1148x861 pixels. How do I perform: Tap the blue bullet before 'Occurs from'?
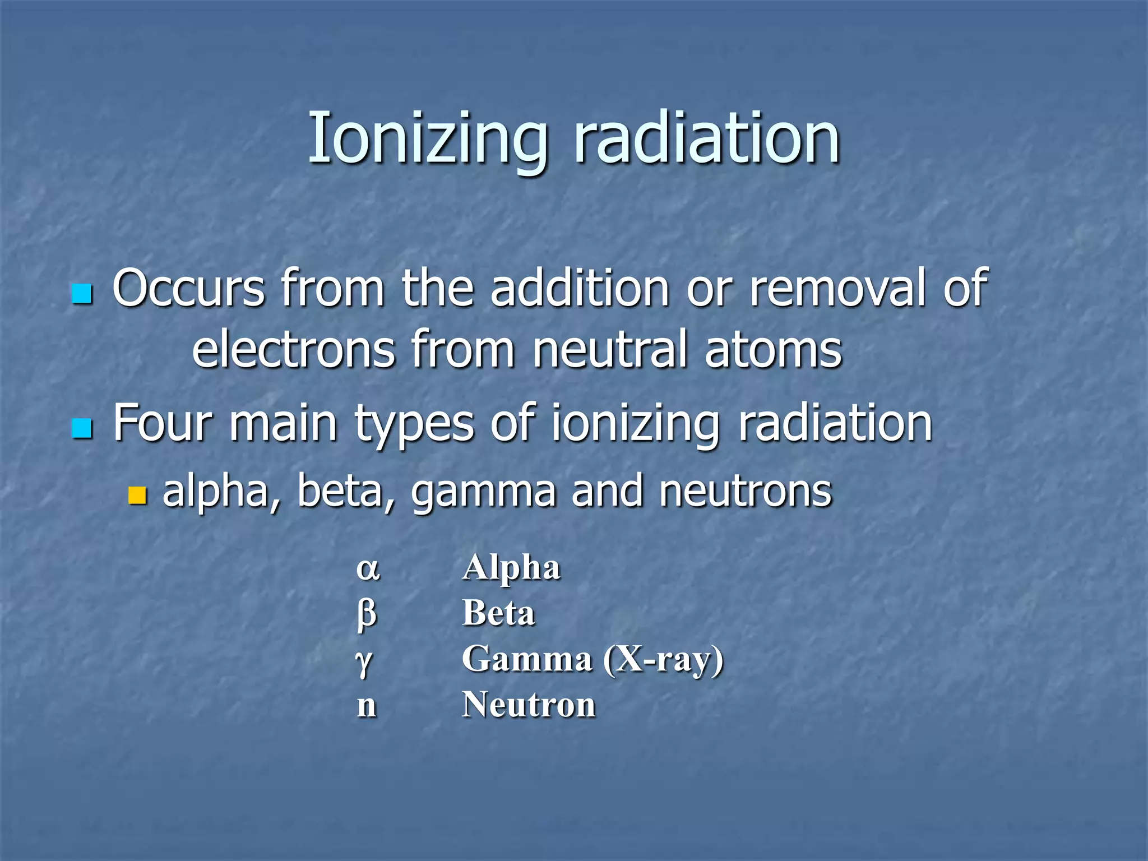coord(82,293)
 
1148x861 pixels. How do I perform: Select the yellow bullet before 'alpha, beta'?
coord(137,496)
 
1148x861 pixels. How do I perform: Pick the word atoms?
coord(773,349)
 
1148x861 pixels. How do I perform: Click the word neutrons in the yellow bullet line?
coord(746,490)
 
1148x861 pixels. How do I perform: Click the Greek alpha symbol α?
coord(368,570)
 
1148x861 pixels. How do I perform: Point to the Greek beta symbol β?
coord(367,614)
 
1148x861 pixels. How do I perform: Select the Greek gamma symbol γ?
coord(364,661)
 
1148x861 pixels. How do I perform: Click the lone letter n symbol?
coord(367,706)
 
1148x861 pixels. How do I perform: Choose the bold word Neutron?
coord(529,705)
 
